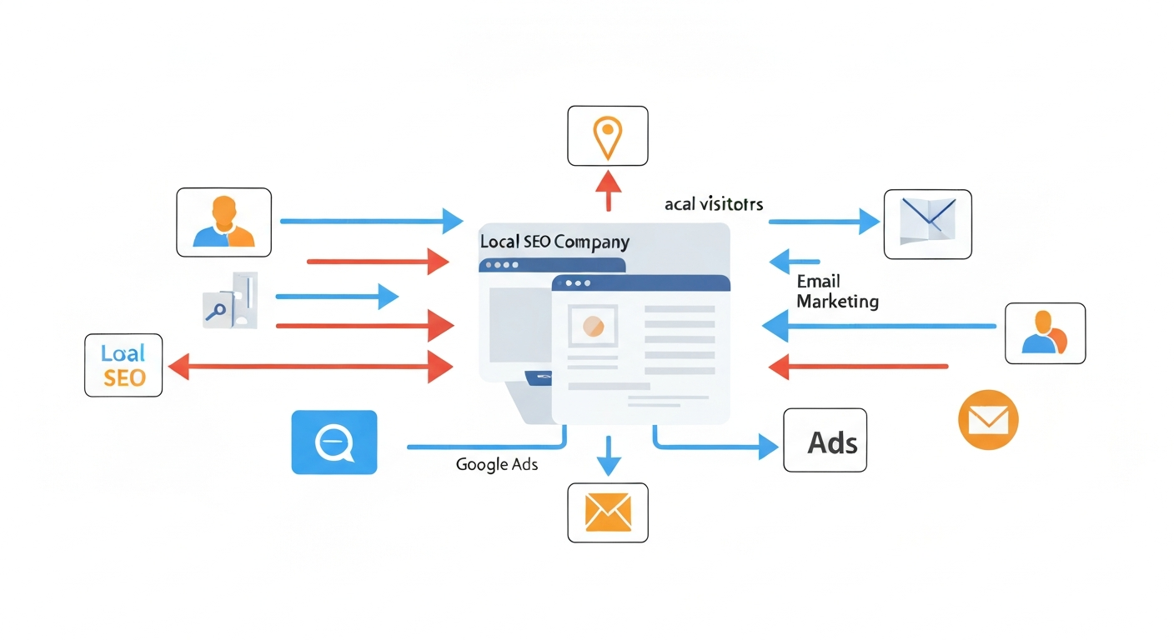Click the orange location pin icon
click(x=607, y=136)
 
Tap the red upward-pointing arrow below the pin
click(x=608, y=190)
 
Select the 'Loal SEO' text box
click(x=124, y=365)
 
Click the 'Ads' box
click(x=825, y=441)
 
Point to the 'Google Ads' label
click(x=497, y=464)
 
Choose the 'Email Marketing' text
click(x=836, y=291)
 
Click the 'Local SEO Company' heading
click(x=554, y=242)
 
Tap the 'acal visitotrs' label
click(x=714, y=203)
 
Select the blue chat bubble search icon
click(x=334, y=442)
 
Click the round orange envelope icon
click(x=988, y=419)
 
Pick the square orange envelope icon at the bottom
click(x=608, y=512)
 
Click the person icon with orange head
click(x=223, y=222)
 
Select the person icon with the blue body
click(x=1045, y=333)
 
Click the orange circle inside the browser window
click(x=593, y=326)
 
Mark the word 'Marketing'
click(x=837, y=301)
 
